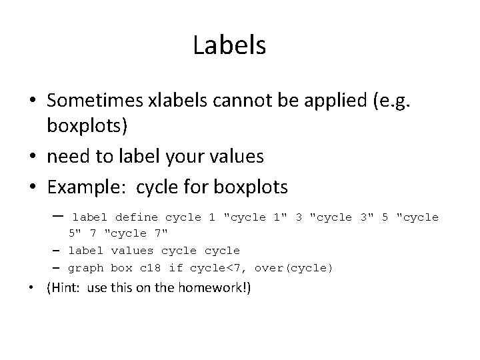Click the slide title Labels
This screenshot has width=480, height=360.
coord(229,45)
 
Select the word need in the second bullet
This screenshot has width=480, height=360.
coord(70,157)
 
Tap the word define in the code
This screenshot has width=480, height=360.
coord(137,217)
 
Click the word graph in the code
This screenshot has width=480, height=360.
coord(87,268)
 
